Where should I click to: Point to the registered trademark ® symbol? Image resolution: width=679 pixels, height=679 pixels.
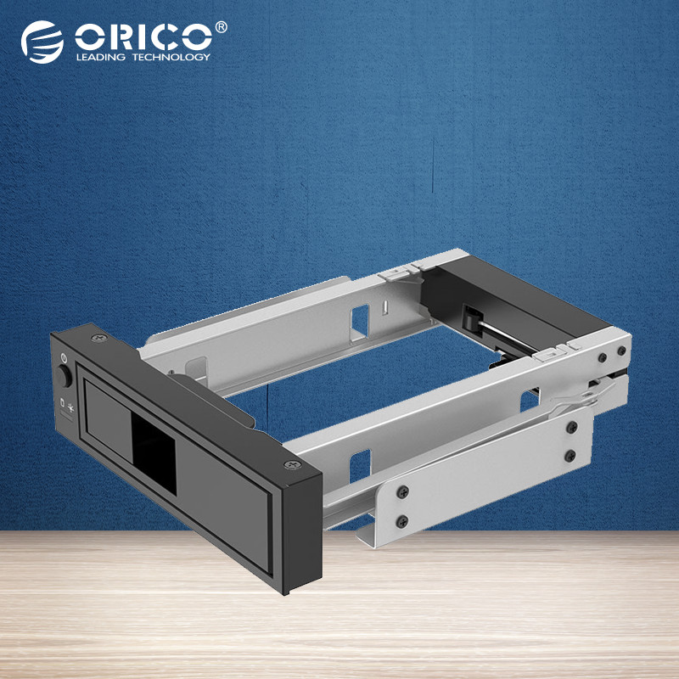(222, 27)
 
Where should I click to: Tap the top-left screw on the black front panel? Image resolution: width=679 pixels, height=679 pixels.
(93, 340)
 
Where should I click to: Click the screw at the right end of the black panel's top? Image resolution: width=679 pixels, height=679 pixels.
(292, 465)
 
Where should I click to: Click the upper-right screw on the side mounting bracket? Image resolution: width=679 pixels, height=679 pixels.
(571, 426)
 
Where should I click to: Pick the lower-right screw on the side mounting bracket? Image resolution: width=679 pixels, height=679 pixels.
(571, 456)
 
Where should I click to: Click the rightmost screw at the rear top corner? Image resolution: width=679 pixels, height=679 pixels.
(621, 349)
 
